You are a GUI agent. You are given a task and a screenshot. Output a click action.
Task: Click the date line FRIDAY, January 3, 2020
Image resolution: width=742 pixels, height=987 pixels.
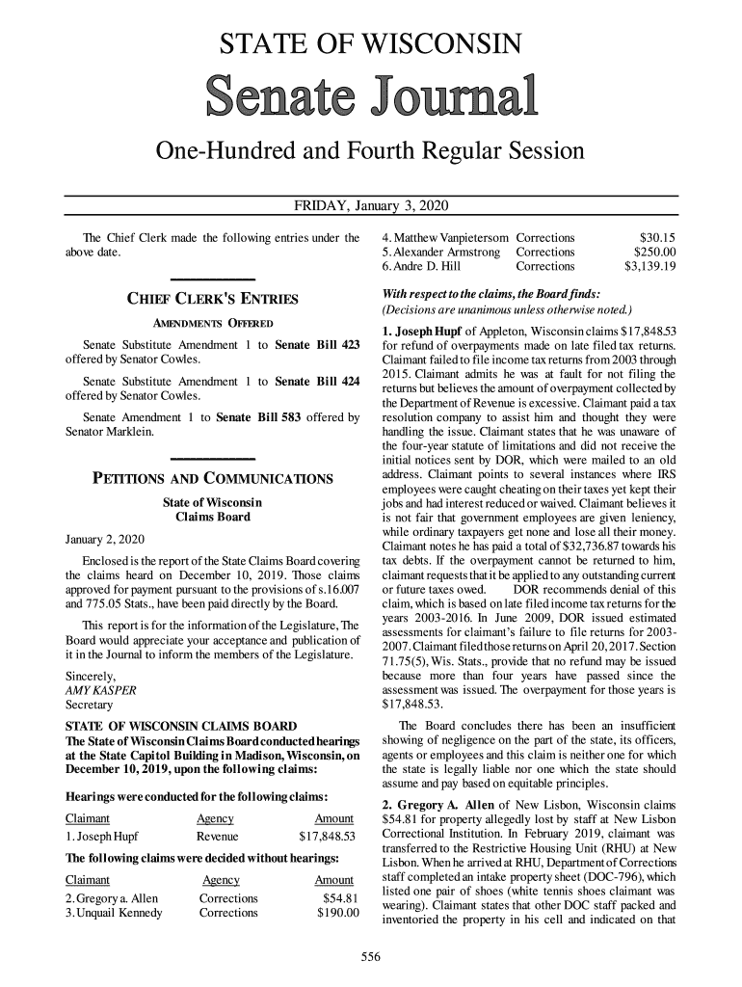[x=371, y=207]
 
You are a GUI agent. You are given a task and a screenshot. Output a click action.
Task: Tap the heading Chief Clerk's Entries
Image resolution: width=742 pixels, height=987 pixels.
[x=213, y=299]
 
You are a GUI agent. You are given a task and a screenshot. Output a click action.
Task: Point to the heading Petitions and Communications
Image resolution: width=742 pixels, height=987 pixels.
[x=212, y=478]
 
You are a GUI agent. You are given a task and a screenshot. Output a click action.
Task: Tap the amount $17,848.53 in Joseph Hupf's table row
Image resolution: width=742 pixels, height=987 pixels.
[x=328, y=835]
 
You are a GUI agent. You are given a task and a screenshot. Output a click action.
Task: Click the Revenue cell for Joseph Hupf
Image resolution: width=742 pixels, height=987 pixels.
[x=216, y=835]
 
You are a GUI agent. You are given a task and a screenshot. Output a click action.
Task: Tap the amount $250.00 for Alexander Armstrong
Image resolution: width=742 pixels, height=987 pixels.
[x=653, y=253]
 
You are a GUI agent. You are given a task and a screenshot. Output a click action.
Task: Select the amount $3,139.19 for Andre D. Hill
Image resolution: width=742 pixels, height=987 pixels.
[x=649, y=268]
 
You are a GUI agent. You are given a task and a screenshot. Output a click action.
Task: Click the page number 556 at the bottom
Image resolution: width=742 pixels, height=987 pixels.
[x=371, y=956]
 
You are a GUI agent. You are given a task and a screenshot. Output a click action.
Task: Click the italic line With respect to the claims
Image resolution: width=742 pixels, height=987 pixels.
[x=492, y=293]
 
